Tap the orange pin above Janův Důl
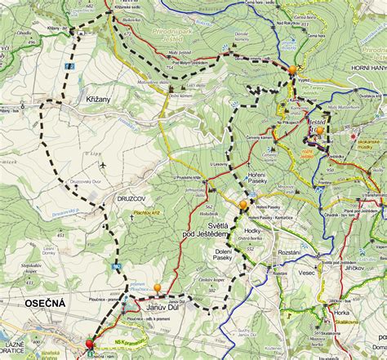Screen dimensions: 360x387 (x=158, y=288)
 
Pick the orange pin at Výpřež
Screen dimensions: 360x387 (x=291, y=70)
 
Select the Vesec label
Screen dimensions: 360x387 (x=307, y=273)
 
